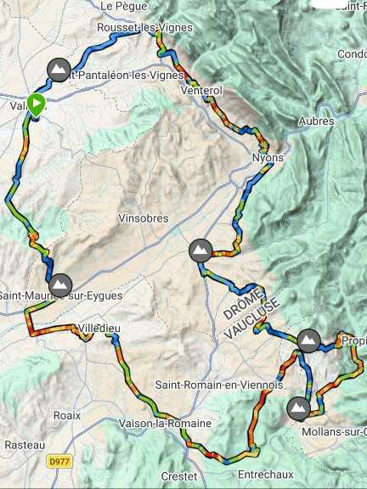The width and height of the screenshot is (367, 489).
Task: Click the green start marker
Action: (36, 104)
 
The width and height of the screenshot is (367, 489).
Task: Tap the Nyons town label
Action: (268, 158)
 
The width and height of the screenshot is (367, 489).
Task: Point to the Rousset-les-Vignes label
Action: (144, 27)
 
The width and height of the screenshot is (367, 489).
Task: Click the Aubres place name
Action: (315, 121)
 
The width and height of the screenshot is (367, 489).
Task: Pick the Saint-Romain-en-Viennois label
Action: (218, 385)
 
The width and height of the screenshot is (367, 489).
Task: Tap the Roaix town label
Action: (66, 415)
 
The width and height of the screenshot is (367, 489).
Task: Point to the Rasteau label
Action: (19, 445)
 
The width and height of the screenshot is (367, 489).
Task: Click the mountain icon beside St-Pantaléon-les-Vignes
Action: (59, 70)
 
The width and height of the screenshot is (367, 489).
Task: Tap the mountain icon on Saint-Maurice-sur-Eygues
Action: (59, 285)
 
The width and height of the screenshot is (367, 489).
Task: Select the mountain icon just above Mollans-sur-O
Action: (299, 408)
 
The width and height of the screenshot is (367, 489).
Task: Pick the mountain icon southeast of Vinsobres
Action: (200, 250)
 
